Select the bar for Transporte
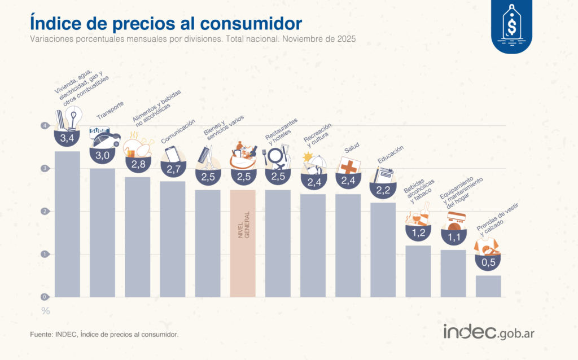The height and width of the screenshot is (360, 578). [x=102, y=232]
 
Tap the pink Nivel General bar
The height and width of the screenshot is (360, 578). [x=243, y=243]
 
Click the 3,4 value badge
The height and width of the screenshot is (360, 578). [x=67, y=137]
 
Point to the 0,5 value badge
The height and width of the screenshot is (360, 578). [x=488, y=262]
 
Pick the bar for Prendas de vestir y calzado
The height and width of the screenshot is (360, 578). [x=488, y=286]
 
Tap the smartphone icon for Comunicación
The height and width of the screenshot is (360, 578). [x=172, y=155]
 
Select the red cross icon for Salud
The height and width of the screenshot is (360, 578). [x=348, y=166]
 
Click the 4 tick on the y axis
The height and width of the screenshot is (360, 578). [x=43, y=126]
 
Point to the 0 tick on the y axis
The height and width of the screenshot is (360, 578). [x=43, y=297]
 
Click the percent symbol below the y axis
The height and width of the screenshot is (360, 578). [x=45, y=311]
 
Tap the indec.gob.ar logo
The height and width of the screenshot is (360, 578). [x=488, y=332]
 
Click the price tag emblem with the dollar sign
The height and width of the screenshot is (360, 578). [x=511, y=26]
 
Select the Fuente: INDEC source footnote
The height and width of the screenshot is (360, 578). [x=104, y=335]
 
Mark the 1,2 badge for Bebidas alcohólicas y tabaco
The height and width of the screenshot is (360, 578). [x=418, y=232]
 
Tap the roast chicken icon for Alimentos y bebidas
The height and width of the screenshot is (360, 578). [x=139, y=148]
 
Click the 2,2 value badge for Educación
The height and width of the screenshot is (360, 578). [x=383, y=190]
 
